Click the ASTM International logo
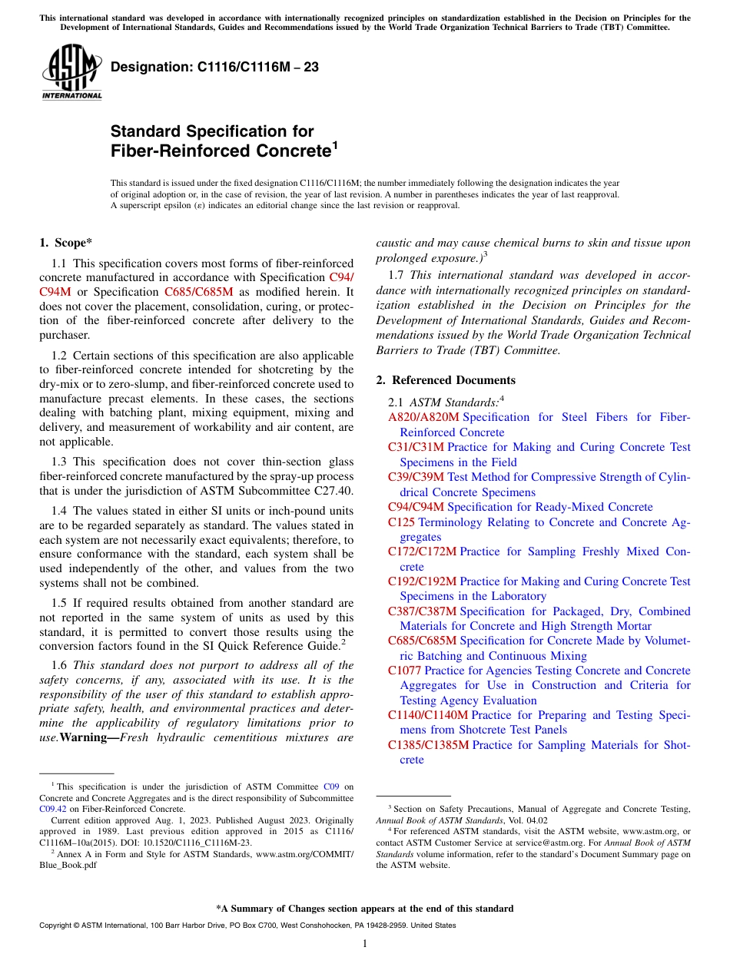[71, 71]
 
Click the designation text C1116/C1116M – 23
[214, 68]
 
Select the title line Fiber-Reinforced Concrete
[220, 151]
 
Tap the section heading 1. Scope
[65, 243]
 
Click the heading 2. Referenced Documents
[446, 380]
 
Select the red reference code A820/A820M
[423, 417]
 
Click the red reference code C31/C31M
[416, 447]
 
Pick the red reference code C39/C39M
[416, 477]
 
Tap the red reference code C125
[401, 522]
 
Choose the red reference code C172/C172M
[422, 551]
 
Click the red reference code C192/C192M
[422, 581]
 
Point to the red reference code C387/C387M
[422, 611]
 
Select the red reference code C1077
[404, 671]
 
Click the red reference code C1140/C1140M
[428, 715]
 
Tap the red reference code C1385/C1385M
[428, 745]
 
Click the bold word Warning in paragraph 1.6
[89, 738]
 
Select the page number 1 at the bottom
[364, 943]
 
